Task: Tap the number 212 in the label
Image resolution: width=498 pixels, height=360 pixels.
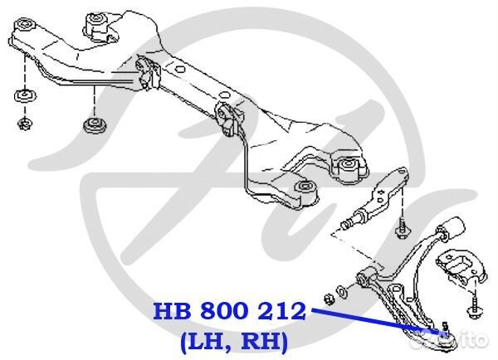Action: (x=280, y=313)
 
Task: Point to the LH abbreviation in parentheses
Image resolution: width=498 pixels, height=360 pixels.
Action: (x=200, y=340)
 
